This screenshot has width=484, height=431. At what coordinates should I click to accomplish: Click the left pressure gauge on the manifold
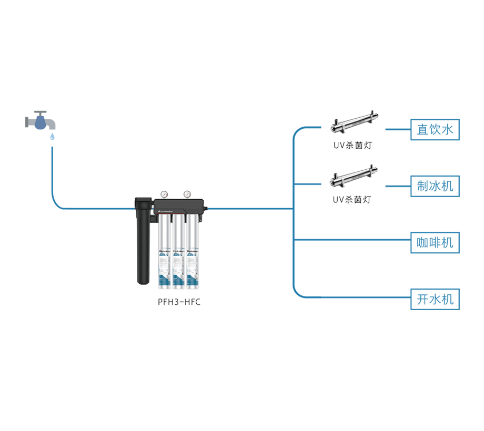click(164, 194)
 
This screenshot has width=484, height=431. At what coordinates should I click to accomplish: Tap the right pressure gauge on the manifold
click(187, 194)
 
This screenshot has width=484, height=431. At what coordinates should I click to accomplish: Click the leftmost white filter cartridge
click(164, 252)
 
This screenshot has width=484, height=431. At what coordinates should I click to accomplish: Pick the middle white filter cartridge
click(177, 252)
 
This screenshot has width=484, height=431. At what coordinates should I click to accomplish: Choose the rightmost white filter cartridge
click(190, 252)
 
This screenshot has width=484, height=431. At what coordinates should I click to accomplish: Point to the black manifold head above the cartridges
click(179, 208)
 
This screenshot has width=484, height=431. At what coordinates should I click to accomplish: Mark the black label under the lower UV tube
click(351, 203)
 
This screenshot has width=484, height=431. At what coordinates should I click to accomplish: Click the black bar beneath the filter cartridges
click(199, 303)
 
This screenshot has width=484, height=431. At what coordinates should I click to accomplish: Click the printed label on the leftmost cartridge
click(164, 263)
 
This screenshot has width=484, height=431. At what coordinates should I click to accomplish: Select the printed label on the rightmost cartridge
click(190, 263)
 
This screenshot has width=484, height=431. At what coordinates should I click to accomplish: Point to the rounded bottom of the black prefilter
click(143, 281)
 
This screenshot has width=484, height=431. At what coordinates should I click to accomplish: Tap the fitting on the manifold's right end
click(207, 208)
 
